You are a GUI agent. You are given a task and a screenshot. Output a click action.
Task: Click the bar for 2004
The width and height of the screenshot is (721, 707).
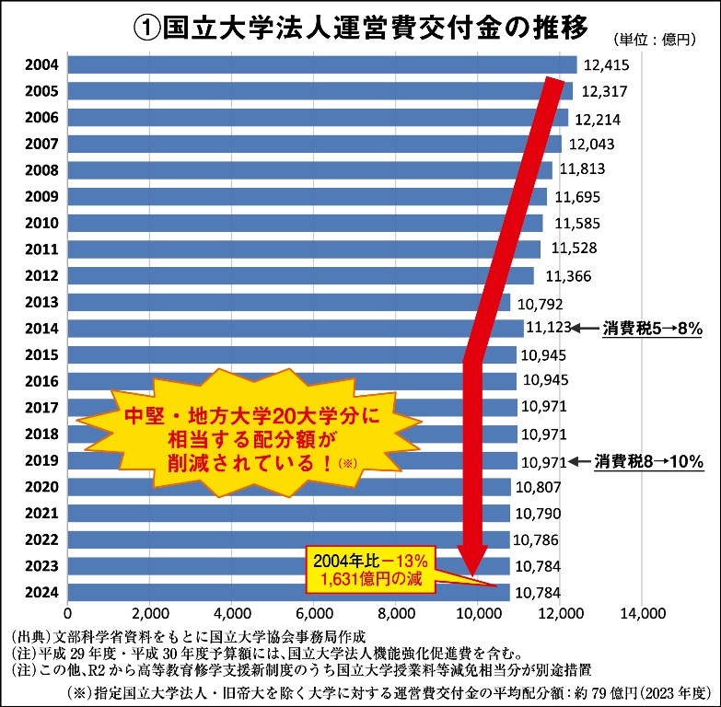313,64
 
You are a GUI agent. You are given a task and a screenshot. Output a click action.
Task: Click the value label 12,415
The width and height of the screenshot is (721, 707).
605,65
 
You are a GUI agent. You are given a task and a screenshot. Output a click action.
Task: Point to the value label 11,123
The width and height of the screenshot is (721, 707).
547,328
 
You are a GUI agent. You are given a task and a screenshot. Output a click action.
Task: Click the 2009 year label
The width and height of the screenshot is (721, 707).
41,196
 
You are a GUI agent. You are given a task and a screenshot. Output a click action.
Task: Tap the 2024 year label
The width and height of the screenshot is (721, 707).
41,592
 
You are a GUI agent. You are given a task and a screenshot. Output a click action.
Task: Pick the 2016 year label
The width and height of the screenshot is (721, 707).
41,381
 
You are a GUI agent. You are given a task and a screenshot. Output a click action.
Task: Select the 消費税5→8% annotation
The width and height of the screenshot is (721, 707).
652,328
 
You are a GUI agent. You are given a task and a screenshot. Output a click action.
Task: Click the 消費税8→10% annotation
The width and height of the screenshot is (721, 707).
648,460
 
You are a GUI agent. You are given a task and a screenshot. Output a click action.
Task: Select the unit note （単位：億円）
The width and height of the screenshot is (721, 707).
659,40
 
